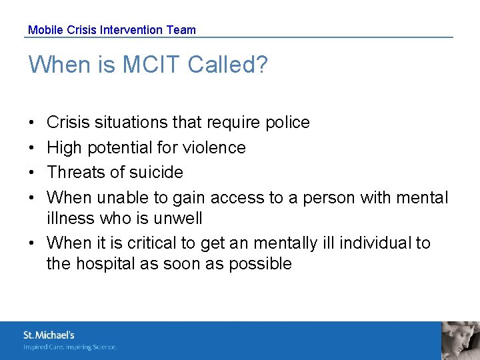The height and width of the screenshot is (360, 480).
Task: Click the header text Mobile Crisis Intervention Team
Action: coord(112,30)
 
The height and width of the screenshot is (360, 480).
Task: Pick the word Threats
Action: coord(77,172)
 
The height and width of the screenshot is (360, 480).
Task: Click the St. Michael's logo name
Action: coord(49,335)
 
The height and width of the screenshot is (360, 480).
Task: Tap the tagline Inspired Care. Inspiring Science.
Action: coord(70,347)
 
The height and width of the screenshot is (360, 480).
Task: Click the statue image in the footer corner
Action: coord(461,341)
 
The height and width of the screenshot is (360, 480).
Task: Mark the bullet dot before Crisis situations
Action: coord(33,123)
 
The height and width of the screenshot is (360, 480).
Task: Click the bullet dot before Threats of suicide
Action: coord(33,173)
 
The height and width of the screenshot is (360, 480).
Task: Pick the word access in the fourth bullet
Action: coord(237,197)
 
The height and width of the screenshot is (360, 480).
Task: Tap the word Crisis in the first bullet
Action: coord(69,123)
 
